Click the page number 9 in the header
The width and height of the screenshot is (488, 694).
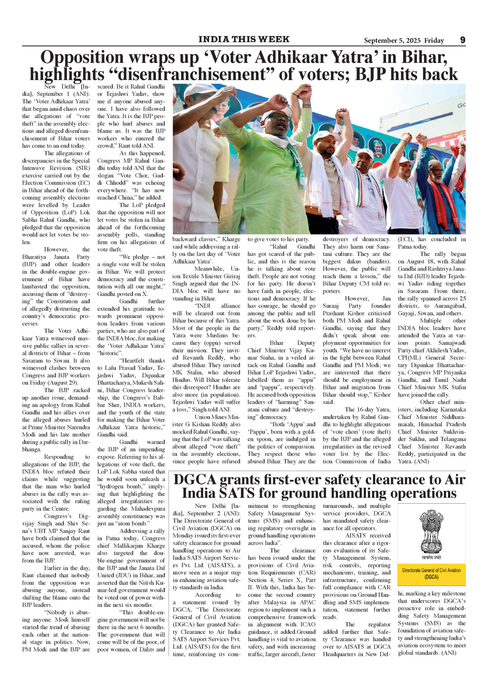(462, 40)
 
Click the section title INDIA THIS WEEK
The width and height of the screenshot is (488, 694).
(244, 39)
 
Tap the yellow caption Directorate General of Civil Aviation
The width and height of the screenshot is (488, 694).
(431, 573)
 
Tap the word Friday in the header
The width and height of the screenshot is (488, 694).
(434, 41)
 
